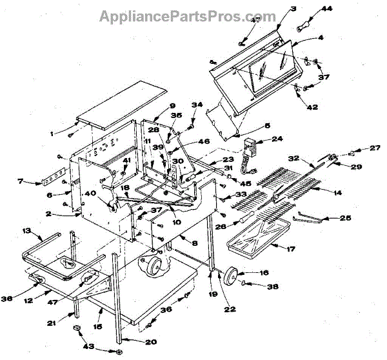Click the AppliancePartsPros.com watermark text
pos(187,15)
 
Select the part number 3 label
pos(275,9)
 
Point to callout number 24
pos(278,139)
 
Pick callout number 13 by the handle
pos(26,230)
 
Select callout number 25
pos(346,219)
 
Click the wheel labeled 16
pos(230,277)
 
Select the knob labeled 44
pos(305,27)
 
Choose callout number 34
pos(197,104)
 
